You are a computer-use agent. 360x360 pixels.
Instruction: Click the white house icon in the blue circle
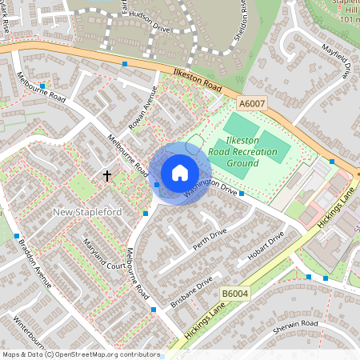180,172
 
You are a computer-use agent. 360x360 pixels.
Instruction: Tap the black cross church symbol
106,174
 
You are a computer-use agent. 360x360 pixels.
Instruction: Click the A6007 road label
250,102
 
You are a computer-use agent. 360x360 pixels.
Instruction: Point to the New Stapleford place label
86,212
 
